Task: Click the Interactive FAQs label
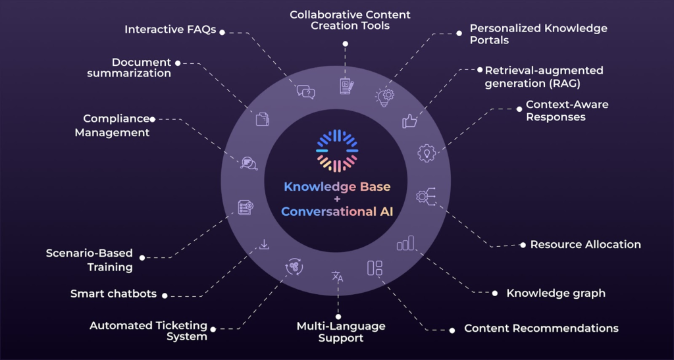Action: click(170, 30)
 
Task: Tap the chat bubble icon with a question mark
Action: click(305, 92)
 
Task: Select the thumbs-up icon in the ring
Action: click(410, 120)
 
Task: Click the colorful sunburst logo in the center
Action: click(336, 151)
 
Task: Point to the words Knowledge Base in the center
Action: click(337, 187)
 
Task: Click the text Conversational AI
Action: click(337, 211)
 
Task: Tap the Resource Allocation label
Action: click(585, 244)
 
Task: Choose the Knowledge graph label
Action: click(556, 293)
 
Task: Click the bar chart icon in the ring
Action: click(406, 244)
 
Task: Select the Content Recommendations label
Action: click(541, 328)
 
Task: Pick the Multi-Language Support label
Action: click(341, 332)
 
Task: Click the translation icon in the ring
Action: click(338, 277)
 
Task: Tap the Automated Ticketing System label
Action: click(148, 331)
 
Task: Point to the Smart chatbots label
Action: click(113, 294)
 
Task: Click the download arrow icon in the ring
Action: click(264, 245)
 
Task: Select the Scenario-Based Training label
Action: click(90, 260)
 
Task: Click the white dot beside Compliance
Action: click(153, 119)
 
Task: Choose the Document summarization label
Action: click(129, 68)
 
